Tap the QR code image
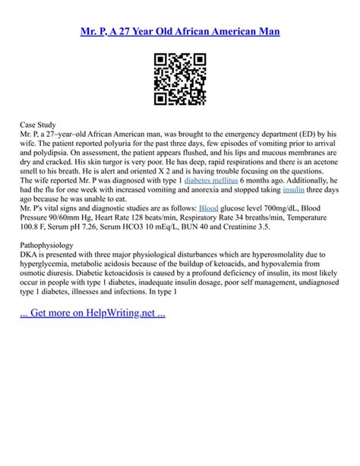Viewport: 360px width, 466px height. [x=180, y=79]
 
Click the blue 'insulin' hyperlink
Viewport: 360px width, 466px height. [x=295, y=192]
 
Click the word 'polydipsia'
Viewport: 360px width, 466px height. [x=68, y=142]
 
